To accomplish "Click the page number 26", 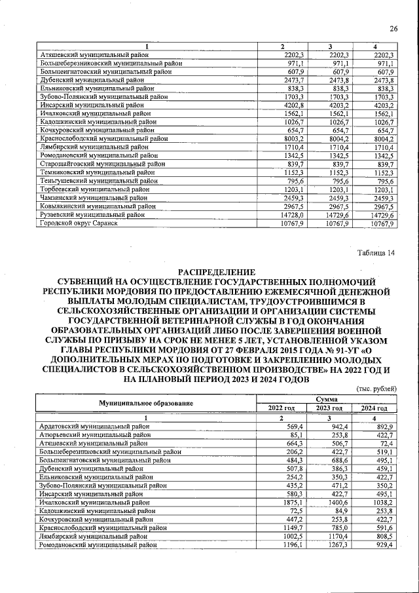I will (393, 28).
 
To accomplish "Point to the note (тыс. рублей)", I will (376, 389).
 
